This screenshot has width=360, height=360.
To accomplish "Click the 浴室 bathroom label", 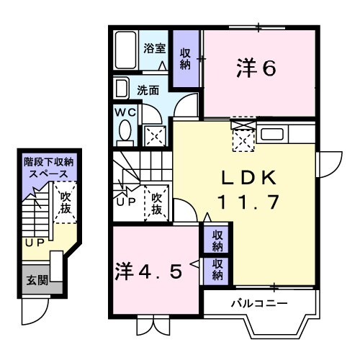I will pyautogui.click(x=154, y=49).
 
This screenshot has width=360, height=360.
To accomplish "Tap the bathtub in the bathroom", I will pyautogui.click(x=126, y=50).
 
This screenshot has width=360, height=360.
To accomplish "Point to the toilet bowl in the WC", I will pyautogui.click(x=124, y=132).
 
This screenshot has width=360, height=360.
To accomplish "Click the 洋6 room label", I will pyautogui.click(x=256, y=68).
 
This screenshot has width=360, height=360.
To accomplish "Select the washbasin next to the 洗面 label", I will pyautogui.click(x=120, y=90).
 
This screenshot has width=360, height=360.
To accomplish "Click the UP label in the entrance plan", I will pyautogui.click(x=34, y=243).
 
